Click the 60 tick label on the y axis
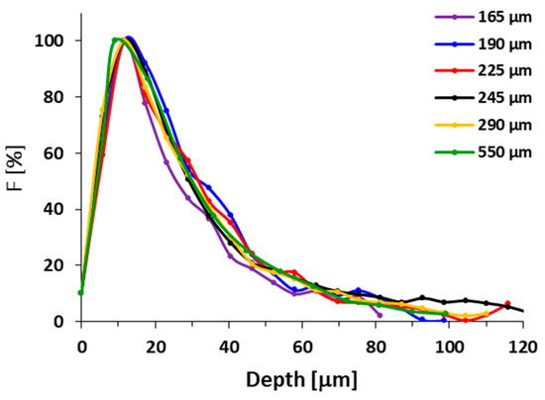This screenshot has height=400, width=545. [61, 153]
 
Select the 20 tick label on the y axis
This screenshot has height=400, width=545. [61, 265]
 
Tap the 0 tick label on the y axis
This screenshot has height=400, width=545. [65, 322]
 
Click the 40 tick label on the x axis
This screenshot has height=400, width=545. [229, 346]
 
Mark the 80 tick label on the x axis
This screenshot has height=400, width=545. [377, 346]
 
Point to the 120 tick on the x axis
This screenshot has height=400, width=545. [522, 346]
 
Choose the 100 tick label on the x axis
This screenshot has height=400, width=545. [449, 346]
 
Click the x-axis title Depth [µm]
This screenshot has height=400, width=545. [301, 380]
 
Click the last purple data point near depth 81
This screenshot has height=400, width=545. [381, 315]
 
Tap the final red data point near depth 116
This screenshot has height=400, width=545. [508, 304]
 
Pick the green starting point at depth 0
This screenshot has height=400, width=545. [81, 292]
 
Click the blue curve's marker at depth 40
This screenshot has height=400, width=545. [230, 215]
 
